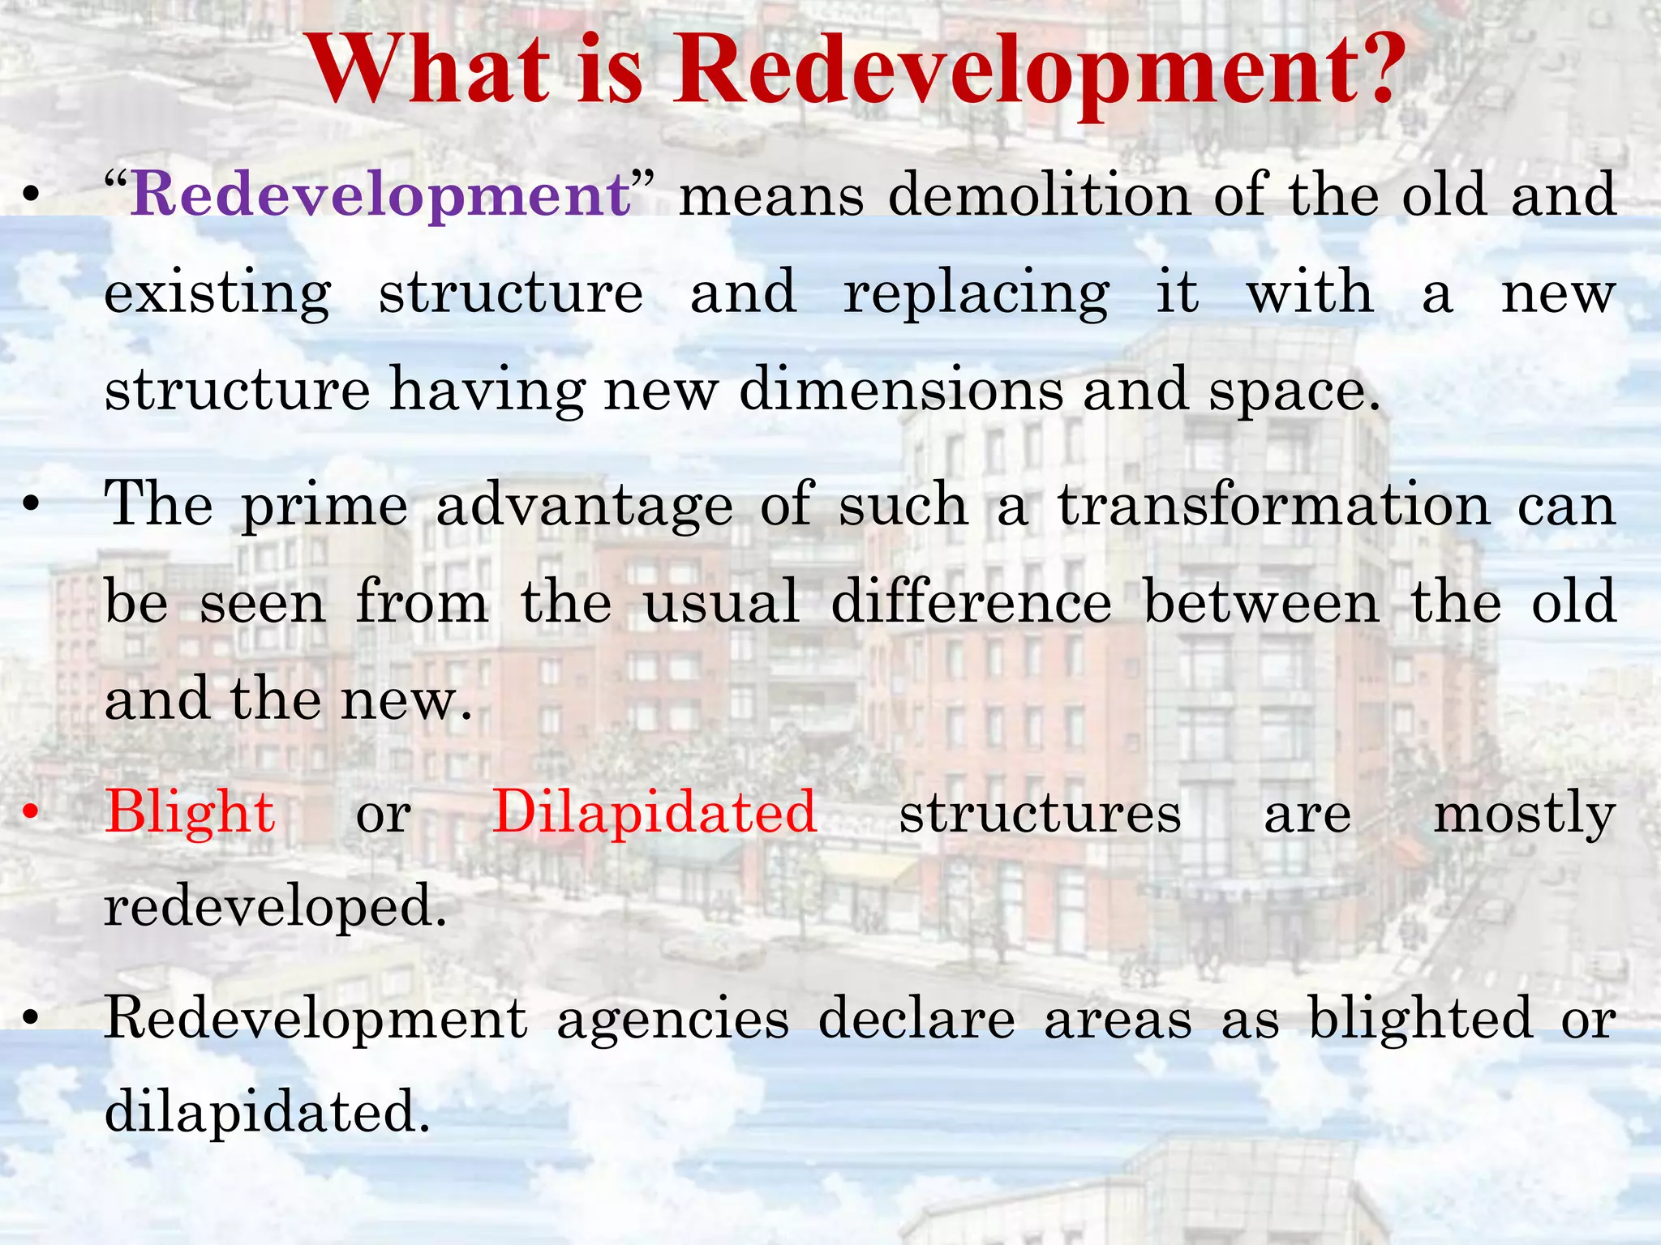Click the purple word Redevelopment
380,196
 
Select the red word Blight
190,813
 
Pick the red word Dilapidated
655,813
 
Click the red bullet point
31,813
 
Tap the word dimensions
900,391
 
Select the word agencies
672,1019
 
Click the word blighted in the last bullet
1420,1019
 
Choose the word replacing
976,293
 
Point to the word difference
971,602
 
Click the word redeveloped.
276,906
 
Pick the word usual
721,602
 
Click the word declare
916,1019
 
